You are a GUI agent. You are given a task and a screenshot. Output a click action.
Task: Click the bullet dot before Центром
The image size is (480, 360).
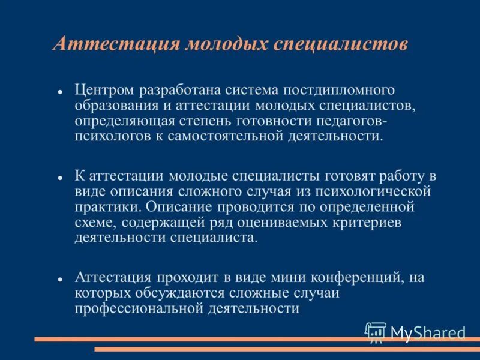(x=61, y=92)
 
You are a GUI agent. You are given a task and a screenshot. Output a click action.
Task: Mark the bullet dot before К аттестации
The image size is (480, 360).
(x=61, y=178)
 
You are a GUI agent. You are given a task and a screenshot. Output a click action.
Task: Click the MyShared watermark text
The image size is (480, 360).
(x=427, y=333)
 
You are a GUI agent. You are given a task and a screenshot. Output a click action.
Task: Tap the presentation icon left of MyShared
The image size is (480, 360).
(x=376, y=332)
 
